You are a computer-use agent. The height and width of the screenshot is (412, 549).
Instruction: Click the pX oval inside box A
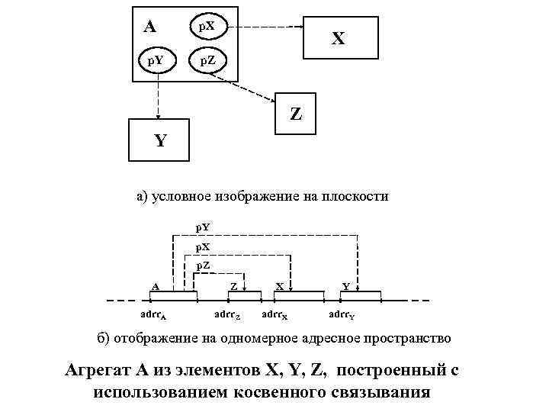pos(206,27)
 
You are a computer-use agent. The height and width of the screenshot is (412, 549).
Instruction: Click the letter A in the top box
pos(150,27)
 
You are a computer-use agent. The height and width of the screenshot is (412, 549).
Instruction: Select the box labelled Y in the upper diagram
pos(159,140)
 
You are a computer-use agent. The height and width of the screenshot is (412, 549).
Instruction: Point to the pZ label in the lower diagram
pos(204,265)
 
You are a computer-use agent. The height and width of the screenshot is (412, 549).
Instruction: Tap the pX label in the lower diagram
pos(204,246)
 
